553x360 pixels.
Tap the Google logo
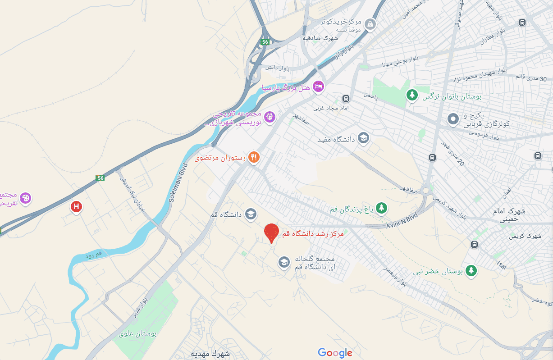coord(335,353)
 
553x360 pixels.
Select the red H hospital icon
coord(77,206)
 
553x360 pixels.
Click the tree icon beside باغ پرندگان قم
coord(382,208)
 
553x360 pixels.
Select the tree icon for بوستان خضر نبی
coord(471,270)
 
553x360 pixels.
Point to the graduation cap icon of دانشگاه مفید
coord(363,138)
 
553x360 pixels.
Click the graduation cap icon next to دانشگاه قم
coord(251,213)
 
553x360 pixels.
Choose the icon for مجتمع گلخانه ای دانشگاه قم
coord(284,262)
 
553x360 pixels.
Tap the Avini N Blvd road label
coord(402,221)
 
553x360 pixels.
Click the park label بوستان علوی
coord(138,334)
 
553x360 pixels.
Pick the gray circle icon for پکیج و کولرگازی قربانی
coord(452,119)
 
